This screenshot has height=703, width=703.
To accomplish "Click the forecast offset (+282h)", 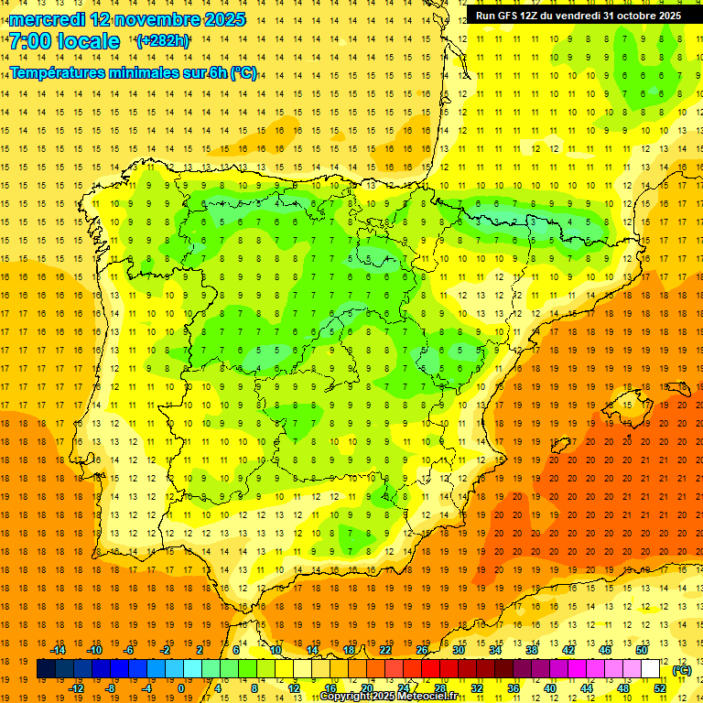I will pos(162,41).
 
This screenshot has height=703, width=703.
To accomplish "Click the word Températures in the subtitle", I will pos(55,72).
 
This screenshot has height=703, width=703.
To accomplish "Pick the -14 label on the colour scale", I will pos(58,650).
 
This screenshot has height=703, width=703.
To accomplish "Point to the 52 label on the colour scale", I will pos(661,688).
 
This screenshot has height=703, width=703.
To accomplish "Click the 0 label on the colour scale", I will pos(181,688).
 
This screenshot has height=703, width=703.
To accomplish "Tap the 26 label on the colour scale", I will pos(422,650).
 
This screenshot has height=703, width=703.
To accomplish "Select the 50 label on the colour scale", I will pos(642,650).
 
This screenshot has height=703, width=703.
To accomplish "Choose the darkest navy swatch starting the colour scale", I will pos(46,669).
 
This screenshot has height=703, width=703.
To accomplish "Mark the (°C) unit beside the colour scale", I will pos(682,670).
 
